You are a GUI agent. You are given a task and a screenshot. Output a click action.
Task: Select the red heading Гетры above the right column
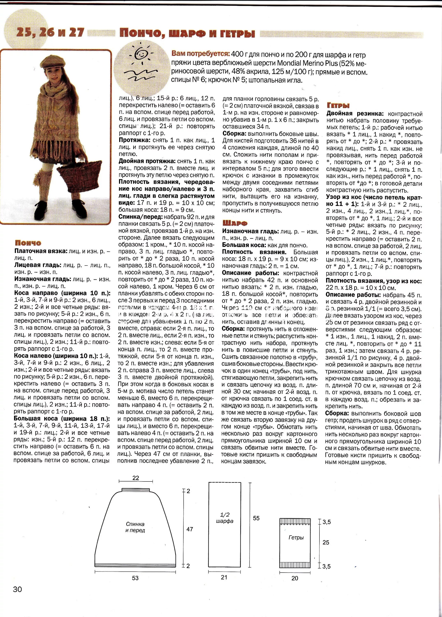338,106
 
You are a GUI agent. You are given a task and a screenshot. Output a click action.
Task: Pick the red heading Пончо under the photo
28,243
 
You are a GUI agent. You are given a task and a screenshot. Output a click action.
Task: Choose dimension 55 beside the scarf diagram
256,518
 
